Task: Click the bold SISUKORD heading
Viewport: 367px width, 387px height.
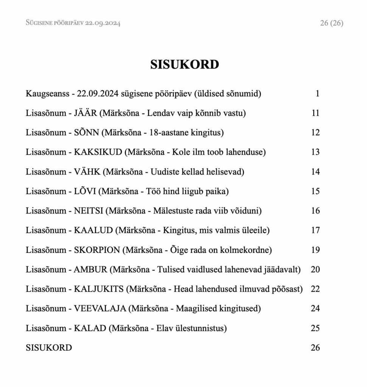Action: tap(184, 65)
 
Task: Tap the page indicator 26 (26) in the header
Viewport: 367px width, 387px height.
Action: tap(331, 23)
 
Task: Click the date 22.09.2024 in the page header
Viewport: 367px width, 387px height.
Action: tap(103, 23)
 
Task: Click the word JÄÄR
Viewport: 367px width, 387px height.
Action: tap(86, 113)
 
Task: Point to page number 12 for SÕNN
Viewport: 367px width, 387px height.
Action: tap(315, 133)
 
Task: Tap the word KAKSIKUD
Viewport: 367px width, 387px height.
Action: tap(98, 152)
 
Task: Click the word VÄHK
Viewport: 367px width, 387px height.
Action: tap(87, 172)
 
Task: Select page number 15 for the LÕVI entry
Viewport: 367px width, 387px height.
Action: tap(315, 191)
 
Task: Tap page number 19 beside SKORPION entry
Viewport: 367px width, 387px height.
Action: tap(315, 250)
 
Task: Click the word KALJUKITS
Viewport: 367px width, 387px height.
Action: tap(99, 289)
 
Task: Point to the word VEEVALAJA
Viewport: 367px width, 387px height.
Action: tap(100, 309)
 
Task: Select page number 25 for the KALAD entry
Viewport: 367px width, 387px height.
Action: tap(315, 328)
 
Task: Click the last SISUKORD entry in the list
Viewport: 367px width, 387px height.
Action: tap(49, 348)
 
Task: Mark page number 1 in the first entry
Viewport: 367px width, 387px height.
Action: tap(317, 93)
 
